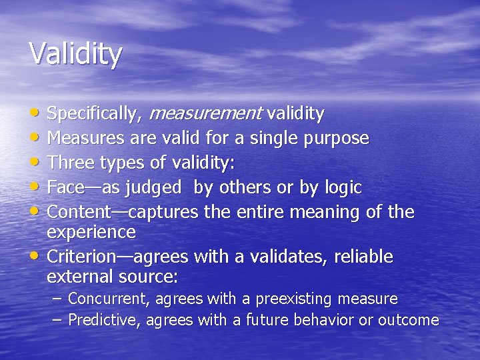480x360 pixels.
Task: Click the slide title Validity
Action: click(x=75, y=54)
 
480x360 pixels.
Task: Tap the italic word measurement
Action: click(x=205, y=114)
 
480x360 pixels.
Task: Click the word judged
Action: click(x=153, y=188)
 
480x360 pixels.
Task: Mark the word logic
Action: click(x=341, y=188)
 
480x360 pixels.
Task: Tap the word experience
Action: click(x=91, y=233)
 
